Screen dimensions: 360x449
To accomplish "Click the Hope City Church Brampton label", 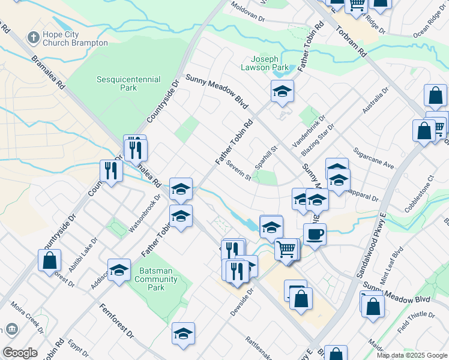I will [75, 38].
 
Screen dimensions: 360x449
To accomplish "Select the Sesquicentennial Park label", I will [128, 83].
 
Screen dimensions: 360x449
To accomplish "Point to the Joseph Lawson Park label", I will [265, 64].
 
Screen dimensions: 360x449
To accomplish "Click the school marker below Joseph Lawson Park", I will [282, 92].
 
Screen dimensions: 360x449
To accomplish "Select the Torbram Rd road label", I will [351, 41].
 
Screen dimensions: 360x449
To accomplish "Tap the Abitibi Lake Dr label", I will [79, 256].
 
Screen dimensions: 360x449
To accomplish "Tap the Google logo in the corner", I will [20, 352].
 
